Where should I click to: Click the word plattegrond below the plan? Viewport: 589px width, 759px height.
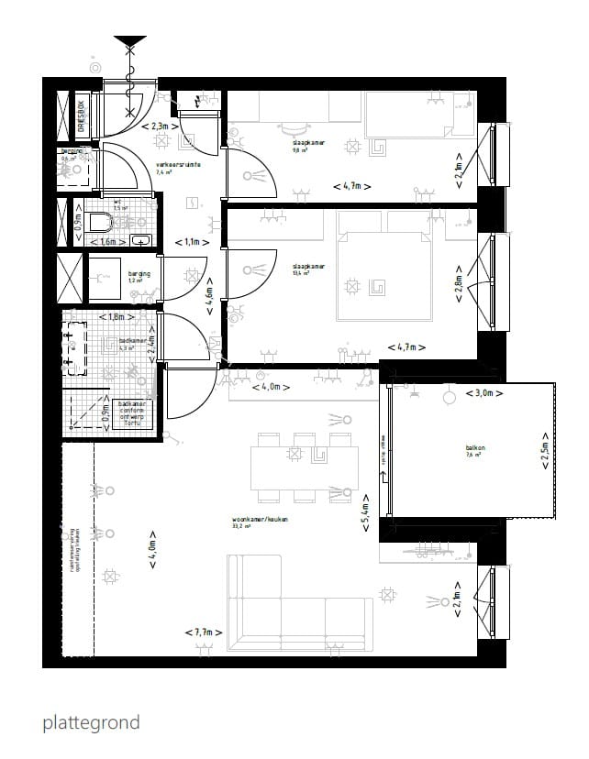pyautogui.click(x=91, y=723)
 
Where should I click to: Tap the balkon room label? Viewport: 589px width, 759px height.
pyautogui.click(x=475, y=448)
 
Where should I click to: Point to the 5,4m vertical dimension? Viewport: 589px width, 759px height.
pyautogui.click(x=365, y=518)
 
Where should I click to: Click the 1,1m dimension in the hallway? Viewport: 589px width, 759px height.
pyautogui.click(x=192, y=243)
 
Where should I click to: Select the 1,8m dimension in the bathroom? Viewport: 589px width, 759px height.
pyautogui.click(x=116, y=318)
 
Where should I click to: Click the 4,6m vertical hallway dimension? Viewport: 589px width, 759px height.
pyautogui.click(x=209, y=297)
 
